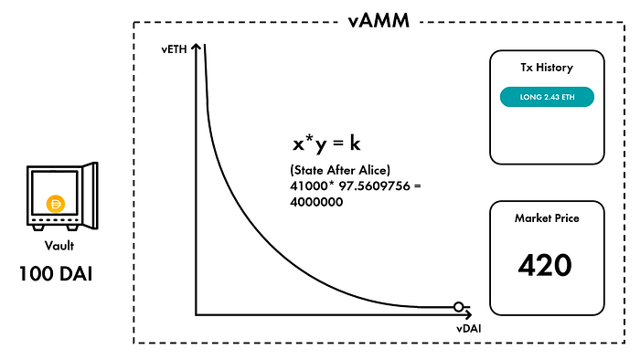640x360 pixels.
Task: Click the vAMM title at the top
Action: (379, 20)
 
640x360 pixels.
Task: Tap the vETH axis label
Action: (174, 49)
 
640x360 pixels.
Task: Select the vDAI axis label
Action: (468, 328)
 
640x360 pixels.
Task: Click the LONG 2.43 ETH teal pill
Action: (547, 97)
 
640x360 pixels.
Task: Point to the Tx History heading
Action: (547, 68)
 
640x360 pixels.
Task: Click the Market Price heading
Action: (547, 218)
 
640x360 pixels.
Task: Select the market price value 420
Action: (545, 265)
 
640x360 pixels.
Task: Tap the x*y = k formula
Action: (326, 143)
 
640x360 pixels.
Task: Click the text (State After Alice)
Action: (340, 170)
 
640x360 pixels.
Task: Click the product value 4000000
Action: (316, 202)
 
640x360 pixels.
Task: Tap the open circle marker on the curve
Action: (458, 307)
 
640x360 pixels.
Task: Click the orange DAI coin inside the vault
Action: (56, 204)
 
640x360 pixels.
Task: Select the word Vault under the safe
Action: (59, 246)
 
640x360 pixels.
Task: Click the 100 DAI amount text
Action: (56, 273)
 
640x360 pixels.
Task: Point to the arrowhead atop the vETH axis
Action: (197, 48)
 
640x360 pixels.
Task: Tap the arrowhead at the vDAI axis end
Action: (468, 314)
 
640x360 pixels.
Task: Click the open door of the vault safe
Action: (91, 196)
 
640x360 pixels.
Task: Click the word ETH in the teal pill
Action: (568, 97)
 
